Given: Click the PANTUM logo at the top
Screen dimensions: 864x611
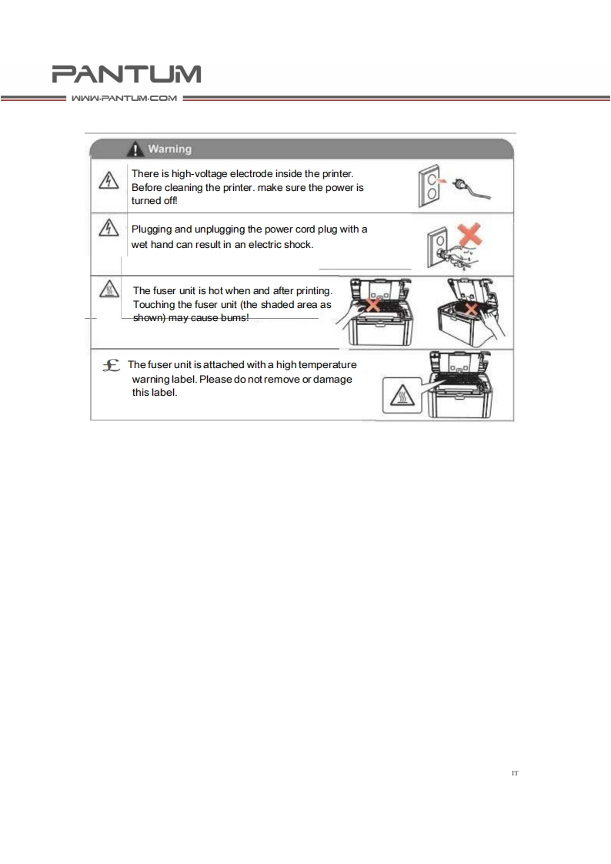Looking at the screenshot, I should click(x=126, y=74).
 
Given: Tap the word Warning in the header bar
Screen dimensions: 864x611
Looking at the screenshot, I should click(x=170, y=149).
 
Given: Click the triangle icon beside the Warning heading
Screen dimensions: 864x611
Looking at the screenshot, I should click(x=135, y=149).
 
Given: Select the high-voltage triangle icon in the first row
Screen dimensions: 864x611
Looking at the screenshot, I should click(x=107, y=179).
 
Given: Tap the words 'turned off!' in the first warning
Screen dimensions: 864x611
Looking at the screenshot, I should click(x=154, y=199).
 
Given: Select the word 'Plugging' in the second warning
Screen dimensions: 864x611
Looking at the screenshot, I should click(x=155, y=229).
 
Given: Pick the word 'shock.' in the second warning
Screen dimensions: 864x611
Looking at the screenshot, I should click(x=295, y=244).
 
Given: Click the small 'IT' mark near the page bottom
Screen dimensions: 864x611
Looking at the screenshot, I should click(x=515, y=771).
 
